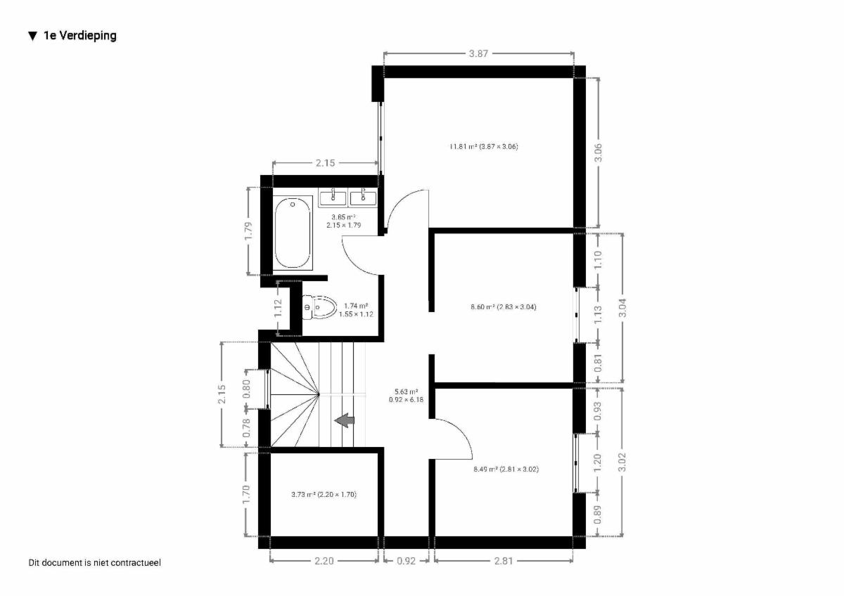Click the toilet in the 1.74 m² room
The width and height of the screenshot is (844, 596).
click(x=319, y=307)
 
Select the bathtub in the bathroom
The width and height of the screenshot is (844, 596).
click(x=293, y=233)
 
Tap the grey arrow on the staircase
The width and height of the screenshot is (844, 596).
click(x=345, y=420)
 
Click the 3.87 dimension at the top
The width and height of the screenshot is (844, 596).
click(x=478, y=53)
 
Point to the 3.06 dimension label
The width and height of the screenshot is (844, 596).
click(x=598, y=153)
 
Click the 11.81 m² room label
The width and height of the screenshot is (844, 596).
click(x=484, y=146)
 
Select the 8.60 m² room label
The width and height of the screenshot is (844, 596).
click(x=504, y=307)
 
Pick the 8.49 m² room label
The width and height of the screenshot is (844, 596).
click(x=506, y=469)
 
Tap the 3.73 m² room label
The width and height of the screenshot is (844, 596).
click(x=324, y=494)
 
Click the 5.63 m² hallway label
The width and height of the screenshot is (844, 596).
click(x=407, y=396)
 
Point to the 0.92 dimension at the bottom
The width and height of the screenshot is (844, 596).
click(x=407, y=561)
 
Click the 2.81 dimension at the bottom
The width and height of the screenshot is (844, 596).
click(x=504, y=561)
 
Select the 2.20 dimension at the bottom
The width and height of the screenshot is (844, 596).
click(x=324, y=561)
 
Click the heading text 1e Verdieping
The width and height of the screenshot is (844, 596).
click(x=80, y=36)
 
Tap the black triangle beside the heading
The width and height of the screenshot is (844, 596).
click(x=33, y=36)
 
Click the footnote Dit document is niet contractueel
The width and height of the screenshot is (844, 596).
click(x=94, y=562)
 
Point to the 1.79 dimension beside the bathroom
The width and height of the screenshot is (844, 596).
click(x=248, y=231)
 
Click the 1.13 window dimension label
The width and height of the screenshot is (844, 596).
click(x=598, y=315)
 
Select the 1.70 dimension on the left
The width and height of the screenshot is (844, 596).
click(x=246, y=494)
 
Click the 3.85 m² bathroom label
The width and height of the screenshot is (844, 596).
click(x=344, y=221)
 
